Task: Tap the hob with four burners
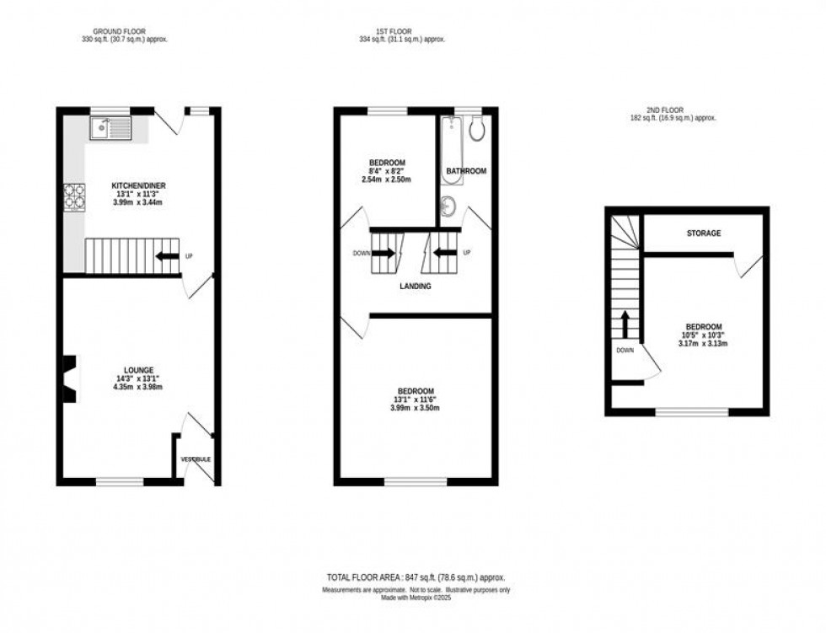tap(73, 196)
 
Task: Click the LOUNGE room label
tap(137, 369)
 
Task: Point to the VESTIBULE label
tap(196, 459)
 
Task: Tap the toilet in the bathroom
tap(475, 129)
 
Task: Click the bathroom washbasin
tap(448, 204)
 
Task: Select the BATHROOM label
tap(466, 171)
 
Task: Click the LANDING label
tap(416, 287)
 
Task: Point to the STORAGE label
tap(702, 233)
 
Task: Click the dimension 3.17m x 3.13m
tap(702, 345)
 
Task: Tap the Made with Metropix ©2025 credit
tap(416, 598)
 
